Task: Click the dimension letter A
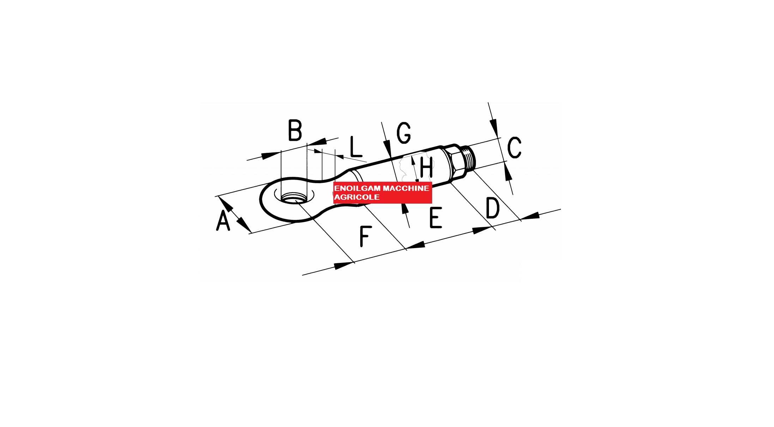coord(223,220)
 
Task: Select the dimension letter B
coord(295,130)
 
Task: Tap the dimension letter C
coord(514,147)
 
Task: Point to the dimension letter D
coord(493,208)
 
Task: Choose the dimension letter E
coord(436,217)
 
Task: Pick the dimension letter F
coord(365,236)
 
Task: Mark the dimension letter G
coord(404,133)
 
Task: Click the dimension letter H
coord(426,167)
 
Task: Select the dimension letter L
coord(356,146)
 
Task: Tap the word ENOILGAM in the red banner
coord(357,188)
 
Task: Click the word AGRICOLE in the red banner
coord(357,197)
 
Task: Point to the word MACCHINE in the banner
coord(406,188)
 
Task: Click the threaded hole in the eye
coord(294,198)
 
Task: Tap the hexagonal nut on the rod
coord(454,161)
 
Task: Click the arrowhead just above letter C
coord(494,128)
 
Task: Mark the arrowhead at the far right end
coord(530,216)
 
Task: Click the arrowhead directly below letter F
coord(344,266)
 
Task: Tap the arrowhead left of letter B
coord(271,156)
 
